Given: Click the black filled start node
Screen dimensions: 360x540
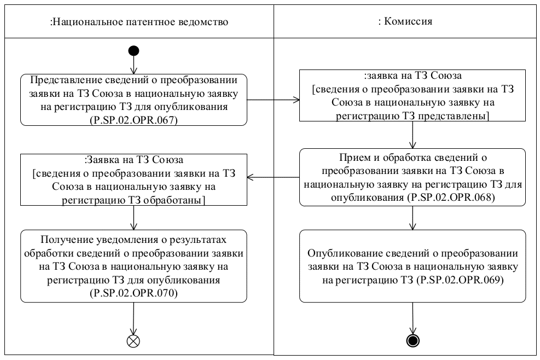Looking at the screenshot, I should [x=133, y=51].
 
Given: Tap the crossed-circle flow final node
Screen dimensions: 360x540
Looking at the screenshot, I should [x=133, y=341].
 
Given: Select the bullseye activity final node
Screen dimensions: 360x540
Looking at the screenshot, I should [x=413, y=341].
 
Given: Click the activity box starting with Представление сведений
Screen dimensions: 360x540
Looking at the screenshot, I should [x=133, y=99].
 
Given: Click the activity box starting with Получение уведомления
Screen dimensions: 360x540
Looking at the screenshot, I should [x=133, y=265].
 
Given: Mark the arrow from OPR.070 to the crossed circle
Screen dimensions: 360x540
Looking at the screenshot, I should [x=133, y=317].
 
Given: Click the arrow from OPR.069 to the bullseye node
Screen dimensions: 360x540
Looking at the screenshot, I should [x=413, y=317].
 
